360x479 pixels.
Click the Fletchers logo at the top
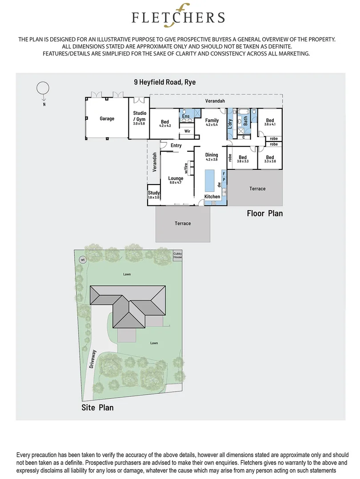tap(178, 16)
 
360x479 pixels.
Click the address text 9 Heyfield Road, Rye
tap(165, 82)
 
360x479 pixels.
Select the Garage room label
tap(107, 118)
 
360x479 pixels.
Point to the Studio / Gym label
tap(140, 117)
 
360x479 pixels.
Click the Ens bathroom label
tap(186, 117)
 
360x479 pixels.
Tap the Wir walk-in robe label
tap(187, 131)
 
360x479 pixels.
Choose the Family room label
tap(212, 121)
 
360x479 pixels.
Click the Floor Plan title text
tap(264, 213)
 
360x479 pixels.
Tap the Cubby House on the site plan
tap(178, 255)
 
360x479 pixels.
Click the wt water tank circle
tap(82, 259)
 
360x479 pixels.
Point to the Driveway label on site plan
tap(93, 360)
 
